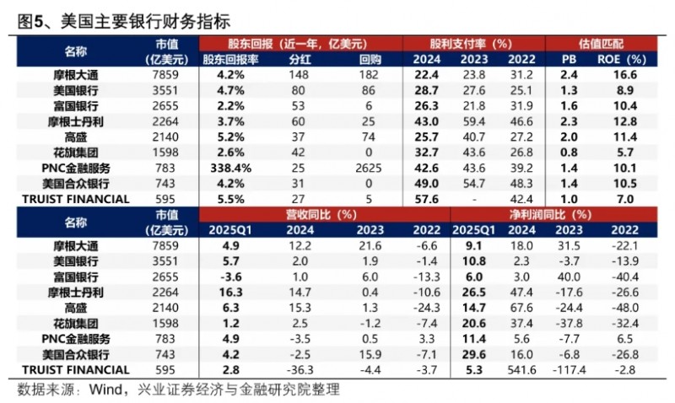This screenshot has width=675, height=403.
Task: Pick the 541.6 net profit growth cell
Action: tap(526, 369)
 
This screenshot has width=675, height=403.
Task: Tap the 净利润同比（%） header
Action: tap(557, 215)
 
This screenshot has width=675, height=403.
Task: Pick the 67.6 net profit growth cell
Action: tap(526, 307)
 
